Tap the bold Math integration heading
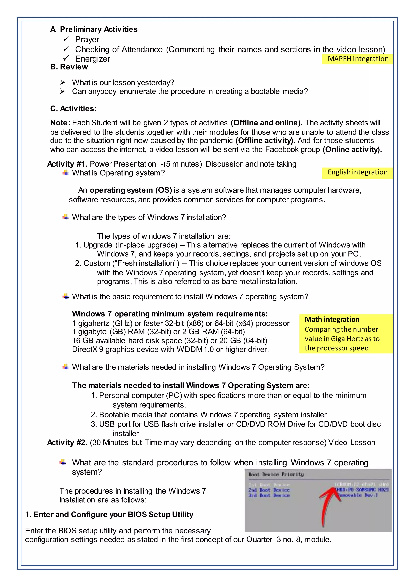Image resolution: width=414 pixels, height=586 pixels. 332,319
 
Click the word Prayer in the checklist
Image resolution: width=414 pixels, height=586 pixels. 87,40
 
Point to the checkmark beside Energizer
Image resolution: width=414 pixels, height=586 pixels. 66,58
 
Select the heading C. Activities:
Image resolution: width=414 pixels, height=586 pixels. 73,109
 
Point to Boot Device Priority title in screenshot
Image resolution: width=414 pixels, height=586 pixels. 276,474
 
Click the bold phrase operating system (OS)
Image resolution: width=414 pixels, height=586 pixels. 131,190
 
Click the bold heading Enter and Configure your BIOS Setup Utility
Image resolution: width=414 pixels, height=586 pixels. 113,514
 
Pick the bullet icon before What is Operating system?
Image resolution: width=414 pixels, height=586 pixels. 66,173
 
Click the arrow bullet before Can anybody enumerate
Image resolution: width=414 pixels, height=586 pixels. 63,91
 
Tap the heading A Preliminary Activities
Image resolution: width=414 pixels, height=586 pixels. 94,29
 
